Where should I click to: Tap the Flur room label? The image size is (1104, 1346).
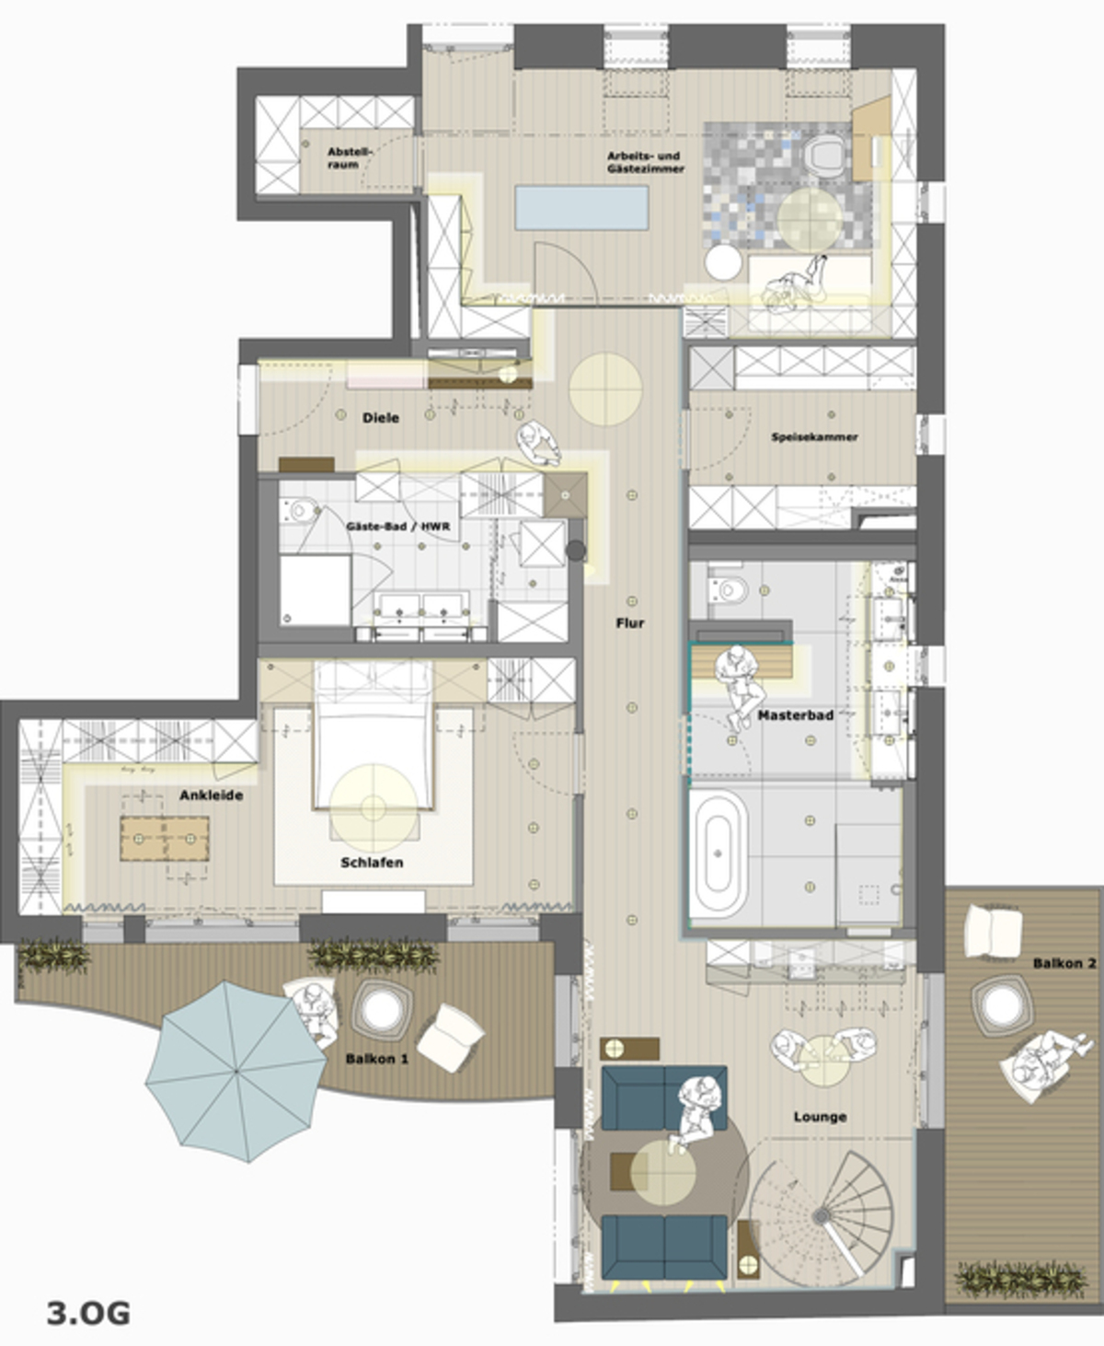point(630,623)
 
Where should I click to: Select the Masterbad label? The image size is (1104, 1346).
point(796,715)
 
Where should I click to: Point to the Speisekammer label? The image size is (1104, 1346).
point(814,437)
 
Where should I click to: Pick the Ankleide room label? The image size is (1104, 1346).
point(212,795)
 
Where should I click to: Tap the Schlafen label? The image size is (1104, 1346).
point(372,863)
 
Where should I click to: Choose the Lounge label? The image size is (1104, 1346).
point(820,1117)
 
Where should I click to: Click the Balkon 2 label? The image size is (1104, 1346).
point(1064,963)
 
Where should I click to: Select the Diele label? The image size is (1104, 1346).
point(381,418)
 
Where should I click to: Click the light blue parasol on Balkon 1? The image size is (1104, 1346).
point(236,1071)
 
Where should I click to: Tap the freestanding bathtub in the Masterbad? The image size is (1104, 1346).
point(719,854)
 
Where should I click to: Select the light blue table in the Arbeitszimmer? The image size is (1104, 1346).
point(581,208)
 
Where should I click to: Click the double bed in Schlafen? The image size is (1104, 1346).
point(373,737)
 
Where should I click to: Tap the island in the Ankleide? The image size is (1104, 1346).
point(165,839)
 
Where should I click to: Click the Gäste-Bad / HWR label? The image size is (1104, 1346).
point(397,527)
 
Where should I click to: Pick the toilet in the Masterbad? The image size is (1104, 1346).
point(730,588)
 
